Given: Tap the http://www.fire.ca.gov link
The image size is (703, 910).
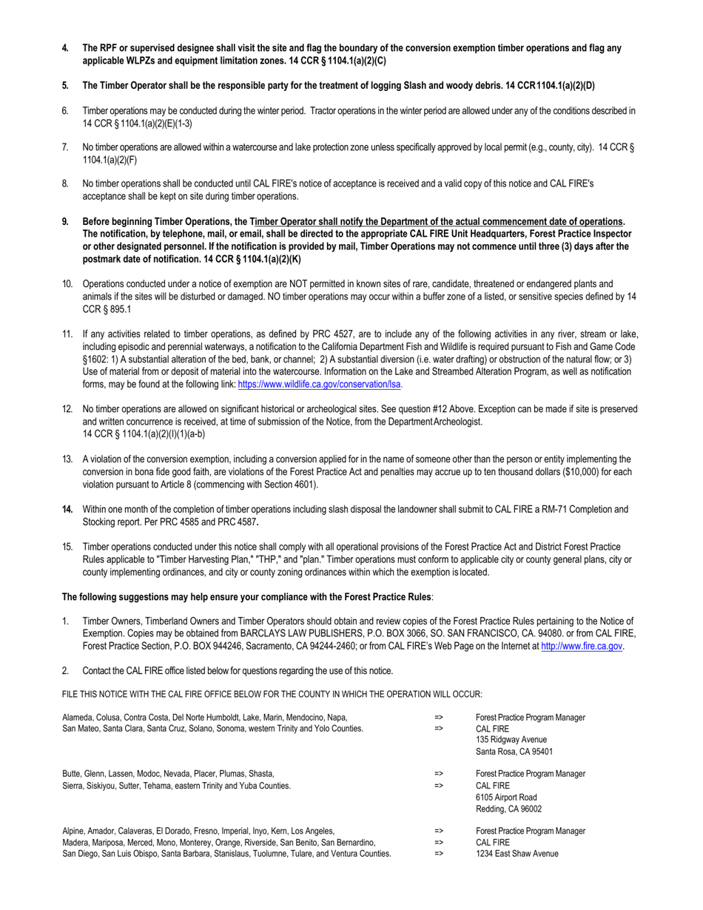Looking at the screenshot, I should pos(582,646).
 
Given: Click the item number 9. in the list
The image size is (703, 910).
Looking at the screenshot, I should pos(65,222).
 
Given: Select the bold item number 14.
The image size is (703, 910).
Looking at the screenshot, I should pos(67,509).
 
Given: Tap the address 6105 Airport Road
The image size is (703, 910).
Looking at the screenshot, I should pos(506,798).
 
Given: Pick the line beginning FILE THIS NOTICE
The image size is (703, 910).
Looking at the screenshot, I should pos(272,694).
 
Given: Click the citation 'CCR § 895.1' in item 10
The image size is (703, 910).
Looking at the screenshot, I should pos(108,309).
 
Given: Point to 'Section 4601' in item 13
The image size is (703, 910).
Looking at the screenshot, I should pos(292,485).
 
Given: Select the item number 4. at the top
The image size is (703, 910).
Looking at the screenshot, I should pos(65,48).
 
